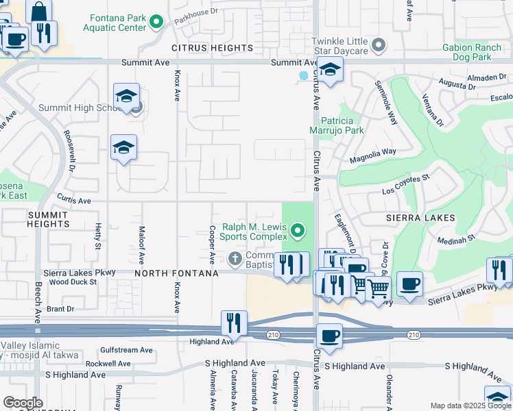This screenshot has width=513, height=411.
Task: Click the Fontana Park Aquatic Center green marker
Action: pyautogui.click(x=156, y=23)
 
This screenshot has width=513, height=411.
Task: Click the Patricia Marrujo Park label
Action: pyautogui.click(x=342, y=125)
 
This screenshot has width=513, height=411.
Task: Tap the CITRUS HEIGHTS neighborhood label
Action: pyautogui.click(x=212, y=48)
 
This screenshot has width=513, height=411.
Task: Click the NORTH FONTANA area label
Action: pyautogui.click(x=176, y=273)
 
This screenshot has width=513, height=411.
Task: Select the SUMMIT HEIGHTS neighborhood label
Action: pyautogui.click(x=48, y=219)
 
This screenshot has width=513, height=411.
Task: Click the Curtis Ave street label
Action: pyautogui.click(x=74, y=201)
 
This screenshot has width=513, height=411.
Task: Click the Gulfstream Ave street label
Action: pyautogui.click(x=126, y=349)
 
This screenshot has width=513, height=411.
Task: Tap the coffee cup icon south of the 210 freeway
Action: pyautogui.click(x=330, y=336)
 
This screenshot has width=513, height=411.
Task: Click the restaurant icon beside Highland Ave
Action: pyautogui.click(x=234, y=323)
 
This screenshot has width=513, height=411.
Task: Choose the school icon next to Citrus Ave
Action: pyautogui.click(x=330, y=69)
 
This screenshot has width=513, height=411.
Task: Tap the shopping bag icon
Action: pyautogui.click(x=38, y=12)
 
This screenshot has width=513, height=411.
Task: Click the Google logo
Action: pyautogui.click(x=23, y=402)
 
